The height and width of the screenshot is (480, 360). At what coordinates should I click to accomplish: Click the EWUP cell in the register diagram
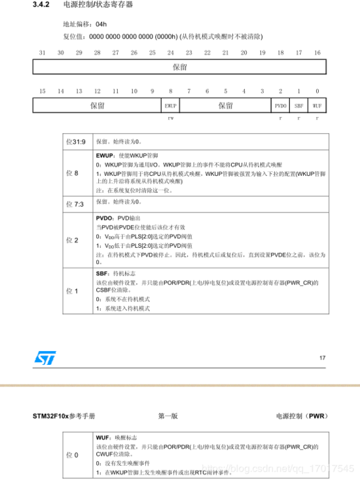170,105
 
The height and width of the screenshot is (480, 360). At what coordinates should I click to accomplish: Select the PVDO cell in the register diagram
280,105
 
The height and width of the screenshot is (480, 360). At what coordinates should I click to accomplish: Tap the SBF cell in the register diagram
298,105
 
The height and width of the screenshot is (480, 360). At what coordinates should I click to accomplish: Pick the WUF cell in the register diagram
317,105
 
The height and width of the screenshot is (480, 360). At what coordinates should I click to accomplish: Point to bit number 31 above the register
43,52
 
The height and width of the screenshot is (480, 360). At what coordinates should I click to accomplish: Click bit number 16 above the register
317,52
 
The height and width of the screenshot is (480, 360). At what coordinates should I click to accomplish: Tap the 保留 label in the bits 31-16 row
180,67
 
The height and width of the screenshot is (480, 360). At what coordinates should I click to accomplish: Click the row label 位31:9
78,141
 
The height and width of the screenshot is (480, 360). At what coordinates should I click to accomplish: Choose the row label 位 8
73,173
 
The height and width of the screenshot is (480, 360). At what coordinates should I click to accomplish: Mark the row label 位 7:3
76,204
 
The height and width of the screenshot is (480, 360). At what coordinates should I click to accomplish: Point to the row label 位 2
73,240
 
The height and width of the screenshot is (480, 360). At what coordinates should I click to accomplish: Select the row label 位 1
73,290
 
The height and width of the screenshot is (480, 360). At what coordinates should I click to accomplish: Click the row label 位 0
73,453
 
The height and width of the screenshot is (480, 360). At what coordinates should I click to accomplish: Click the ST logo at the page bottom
46,358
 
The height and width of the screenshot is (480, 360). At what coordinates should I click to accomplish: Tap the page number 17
321,358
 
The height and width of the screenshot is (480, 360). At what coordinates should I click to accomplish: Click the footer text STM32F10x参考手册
64,416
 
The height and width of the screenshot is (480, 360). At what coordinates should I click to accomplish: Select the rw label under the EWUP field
170,118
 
